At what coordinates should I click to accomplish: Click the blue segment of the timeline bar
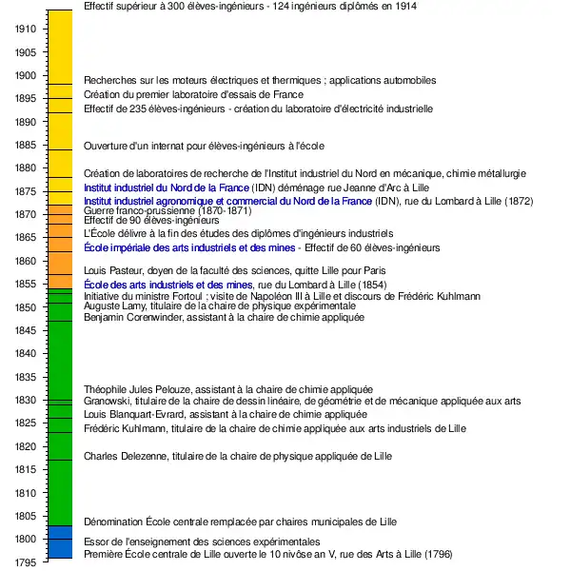pyautogui.click(x=60, y=541)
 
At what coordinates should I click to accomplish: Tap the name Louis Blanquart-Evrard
pyautogui.click(x=134, y=415)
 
